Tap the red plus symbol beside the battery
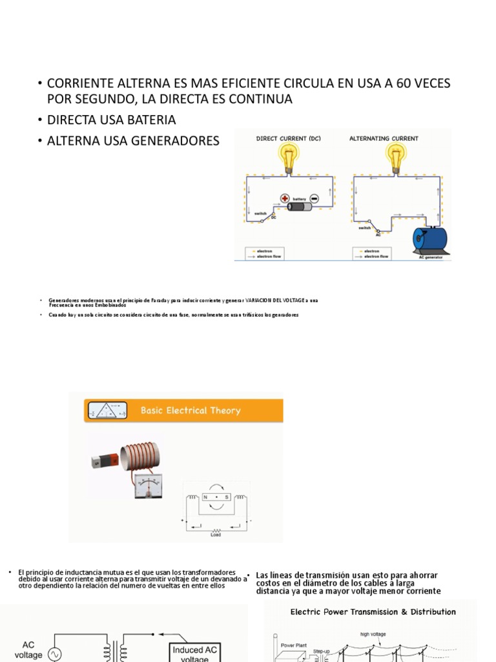pyautogui.click(x=284, y=198)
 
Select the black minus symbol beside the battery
pyautogui.click(x=314, y=198)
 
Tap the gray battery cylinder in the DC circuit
pyautogui.click(x=299, y=207)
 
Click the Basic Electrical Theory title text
pyautogui.click(x=191, y=411)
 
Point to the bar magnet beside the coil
pyautogui.click(x=103, y=461)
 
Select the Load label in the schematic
pyautogui.click(x=216, y=534)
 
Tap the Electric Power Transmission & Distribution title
pyautogui.click(x=373, y=612)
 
